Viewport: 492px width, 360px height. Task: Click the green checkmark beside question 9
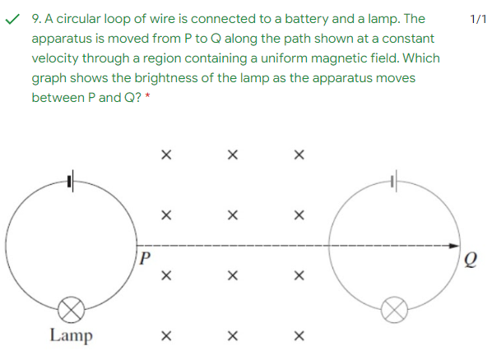coord(12,20)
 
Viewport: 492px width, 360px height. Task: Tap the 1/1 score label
coord(478,19)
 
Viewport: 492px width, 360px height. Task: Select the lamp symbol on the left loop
coord(72,310)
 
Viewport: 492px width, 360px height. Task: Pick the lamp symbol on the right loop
coord(394,310)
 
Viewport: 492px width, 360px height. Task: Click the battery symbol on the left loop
coord(71,181)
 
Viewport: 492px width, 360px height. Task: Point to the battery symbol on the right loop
coord(394,181)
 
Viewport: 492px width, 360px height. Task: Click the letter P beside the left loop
coord(145,258)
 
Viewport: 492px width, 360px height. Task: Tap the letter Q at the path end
coord(471,260)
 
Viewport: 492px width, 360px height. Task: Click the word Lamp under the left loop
coord(72,335)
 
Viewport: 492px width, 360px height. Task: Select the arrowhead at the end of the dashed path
coord(454,246)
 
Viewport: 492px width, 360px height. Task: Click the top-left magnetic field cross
coord(166,155)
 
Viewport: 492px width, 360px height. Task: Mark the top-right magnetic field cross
coord(299,155)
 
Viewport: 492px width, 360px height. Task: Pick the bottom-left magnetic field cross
coord(166,336)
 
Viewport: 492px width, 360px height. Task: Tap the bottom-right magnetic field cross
coord(299,336)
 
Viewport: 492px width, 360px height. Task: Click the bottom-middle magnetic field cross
coord(233,336)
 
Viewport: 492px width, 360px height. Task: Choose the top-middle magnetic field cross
coord(233,155)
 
